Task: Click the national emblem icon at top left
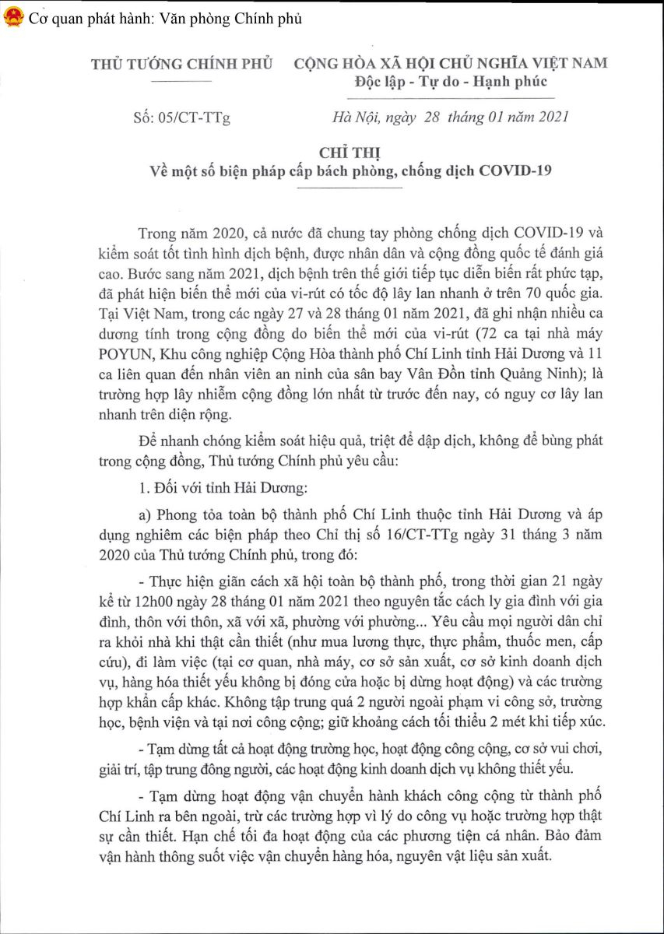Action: pyautogui.click(x=12, y=18)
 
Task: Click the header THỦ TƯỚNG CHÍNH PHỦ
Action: pyautogui.click(x=182, y=64)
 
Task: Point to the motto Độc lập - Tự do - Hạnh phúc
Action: pyautogui.click(x=451, y=82)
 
